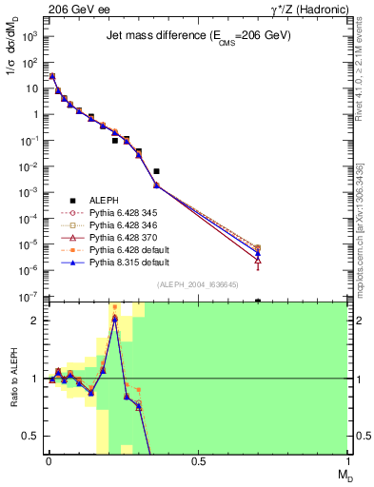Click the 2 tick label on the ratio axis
(34, 321)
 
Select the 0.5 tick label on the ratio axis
(30, 437)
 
